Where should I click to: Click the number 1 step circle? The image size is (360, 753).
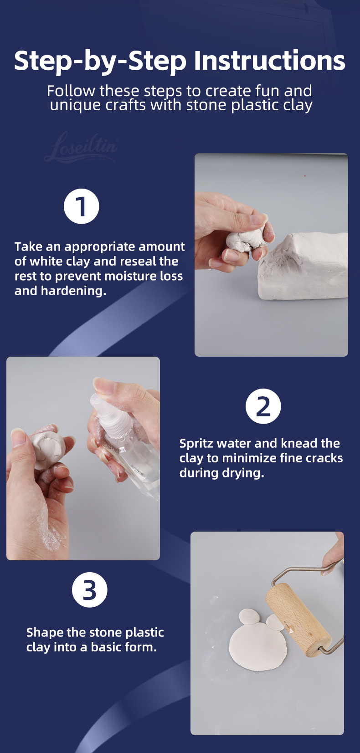(82, 206)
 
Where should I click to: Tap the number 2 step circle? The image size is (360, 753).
(263, 406)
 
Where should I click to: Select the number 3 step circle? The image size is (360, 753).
(89, 589)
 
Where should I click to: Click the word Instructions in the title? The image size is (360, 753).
(270, 61)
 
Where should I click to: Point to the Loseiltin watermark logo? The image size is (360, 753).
(82, 147)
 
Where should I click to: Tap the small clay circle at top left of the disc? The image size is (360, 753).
(249, 616)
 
